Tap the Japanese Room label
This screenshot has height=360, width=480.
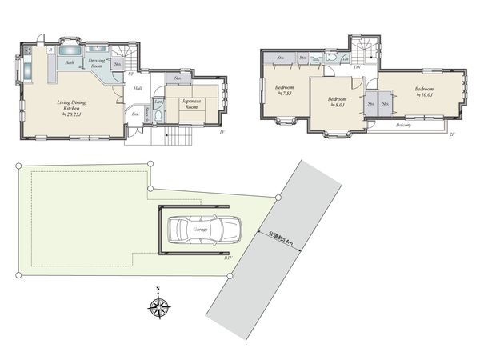(195, 103)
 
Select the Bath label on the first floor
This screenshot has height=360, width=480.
(70, 62)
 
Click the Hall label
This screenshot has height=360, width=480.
(138, 88)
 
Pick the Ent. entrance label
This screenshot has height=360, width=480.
(134, 115)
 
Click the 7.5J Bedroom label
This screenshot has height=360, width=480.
(284, 90)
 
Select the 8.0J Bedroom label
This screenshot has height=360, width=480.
(337, 102)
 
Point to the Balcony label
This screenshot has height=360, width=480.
(403, 125)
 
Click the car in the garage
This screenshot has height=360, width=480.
(201, 230)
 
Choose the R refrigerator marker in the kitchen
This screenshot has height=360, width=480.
(50, 50)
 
